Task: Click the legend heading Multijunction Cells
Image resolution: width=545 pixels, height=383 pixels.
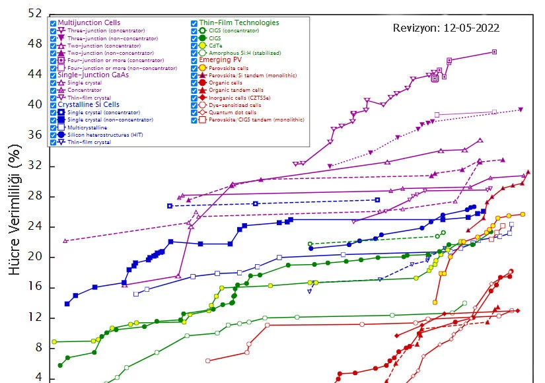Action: (89, 23)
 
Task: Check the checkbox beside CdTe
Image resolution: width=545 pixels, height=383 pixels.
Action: (194, 46)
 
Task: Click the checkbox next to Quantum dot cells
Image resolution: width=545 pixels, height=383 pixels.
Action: (194, 112)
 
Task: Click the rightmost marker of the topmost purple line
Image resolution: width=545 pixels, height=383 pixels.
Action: (494, 52)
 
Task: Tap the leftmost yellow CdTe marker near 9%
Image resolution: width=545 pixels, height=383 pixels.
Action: (54, 341)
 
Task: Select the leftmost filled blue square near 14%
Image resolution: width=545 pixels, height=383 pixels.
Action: (67, 304)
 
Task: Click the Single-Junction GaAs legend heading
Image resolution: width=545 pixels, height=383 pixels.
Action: (93, 75)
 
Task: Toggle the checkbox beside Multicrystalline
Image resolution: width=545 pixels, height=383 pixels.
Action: (53, 127)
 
